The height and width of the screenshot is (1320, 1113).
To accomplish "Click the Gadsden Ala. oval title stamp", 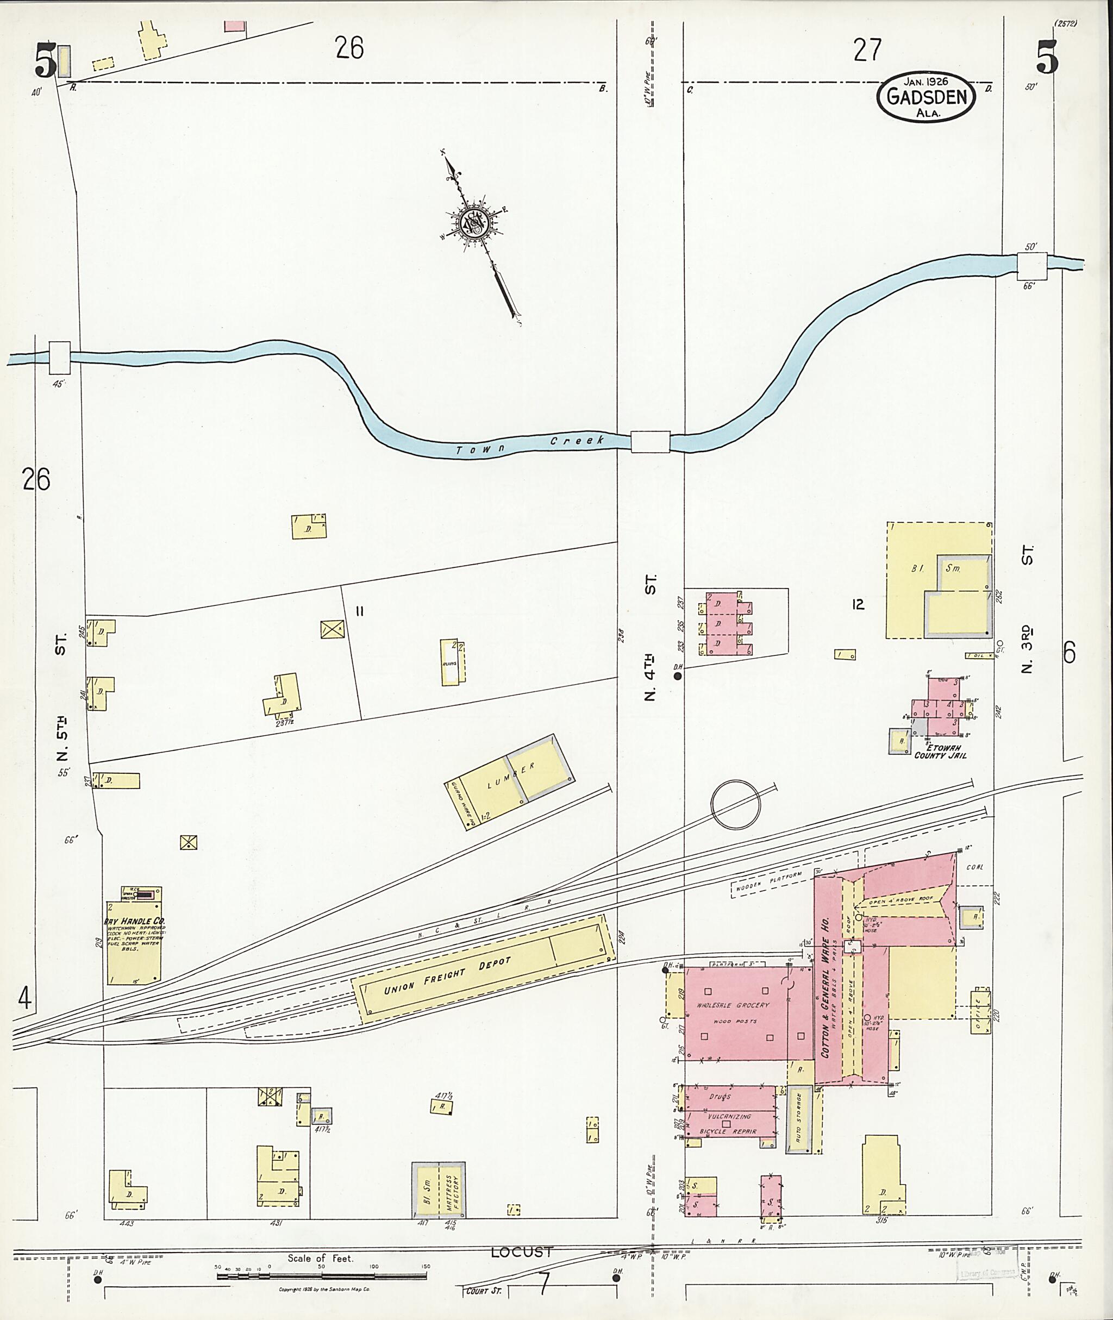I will click(925, 97).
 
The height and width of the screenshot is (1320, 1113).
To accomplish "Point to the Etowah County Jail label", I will click(940, 751).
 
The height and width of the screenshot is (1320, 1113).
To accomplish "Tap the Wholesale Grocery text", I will click(733, 1004).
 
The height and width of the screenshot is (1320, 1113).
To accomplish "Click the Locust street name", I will click(521, 1252).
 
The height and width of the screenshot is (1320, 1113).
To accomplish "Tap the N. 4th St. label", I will click(651, 637).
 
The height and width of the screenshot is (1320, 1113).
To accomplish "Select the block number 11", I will click(360, 611).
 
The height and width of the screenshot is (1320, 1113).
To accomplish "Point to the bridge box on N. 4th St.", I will click(650, 441).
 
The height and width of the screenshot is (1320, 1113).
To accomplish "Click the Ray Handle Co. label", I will click(134, 921).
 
